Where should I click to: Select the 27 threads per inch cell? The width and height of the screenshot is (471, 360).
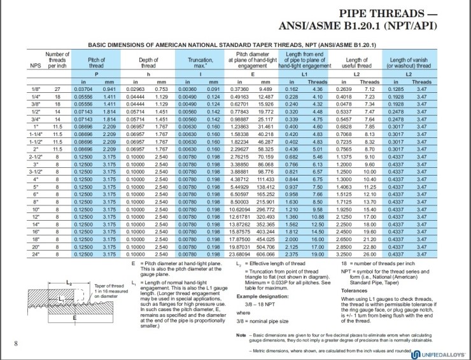57,89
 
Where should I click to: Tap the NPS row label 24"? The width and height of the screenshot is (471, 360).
35,254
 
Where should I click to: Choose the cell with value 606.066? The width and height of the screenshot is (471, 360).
265,254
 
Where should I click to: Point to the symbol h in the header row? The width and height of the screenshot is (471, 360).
148,74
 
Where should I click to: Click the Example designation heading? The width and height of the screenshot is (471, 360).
259,296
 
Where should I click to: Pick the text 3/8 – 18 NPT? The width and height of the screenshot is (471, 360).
250,305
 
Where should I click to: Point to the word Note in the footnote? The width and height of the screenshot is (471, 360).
241,335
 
